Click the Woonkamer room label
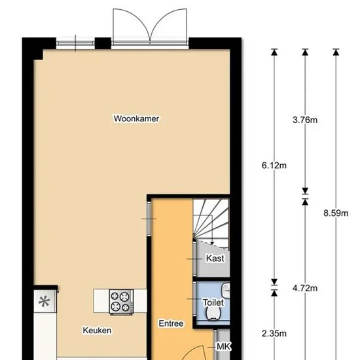coord(136,118)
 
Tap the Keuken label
coord(97,331)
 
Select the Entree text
coord(171,323)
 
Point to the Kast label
coord(215,259)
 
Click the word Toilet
coord(213,302)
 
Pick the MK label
coord(224,346)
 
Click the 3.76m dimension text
coord(305,120)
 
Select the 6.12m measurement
coord(274,166)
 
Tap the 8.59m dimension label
coord(336,213)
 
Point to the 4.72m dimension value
coord(305,288)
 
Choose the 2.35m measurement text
coord(274,333)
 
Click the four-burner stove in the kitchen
coord(122,302)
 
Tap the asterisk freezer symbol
coord(45,302)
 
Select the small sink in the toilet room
coord(226,290)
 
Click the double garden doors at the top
coord(150,26)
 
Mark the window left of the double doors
coord(75,43)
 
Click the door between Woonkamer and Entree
coord(149,219)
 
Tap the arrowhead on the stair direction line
coord(212,243)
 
